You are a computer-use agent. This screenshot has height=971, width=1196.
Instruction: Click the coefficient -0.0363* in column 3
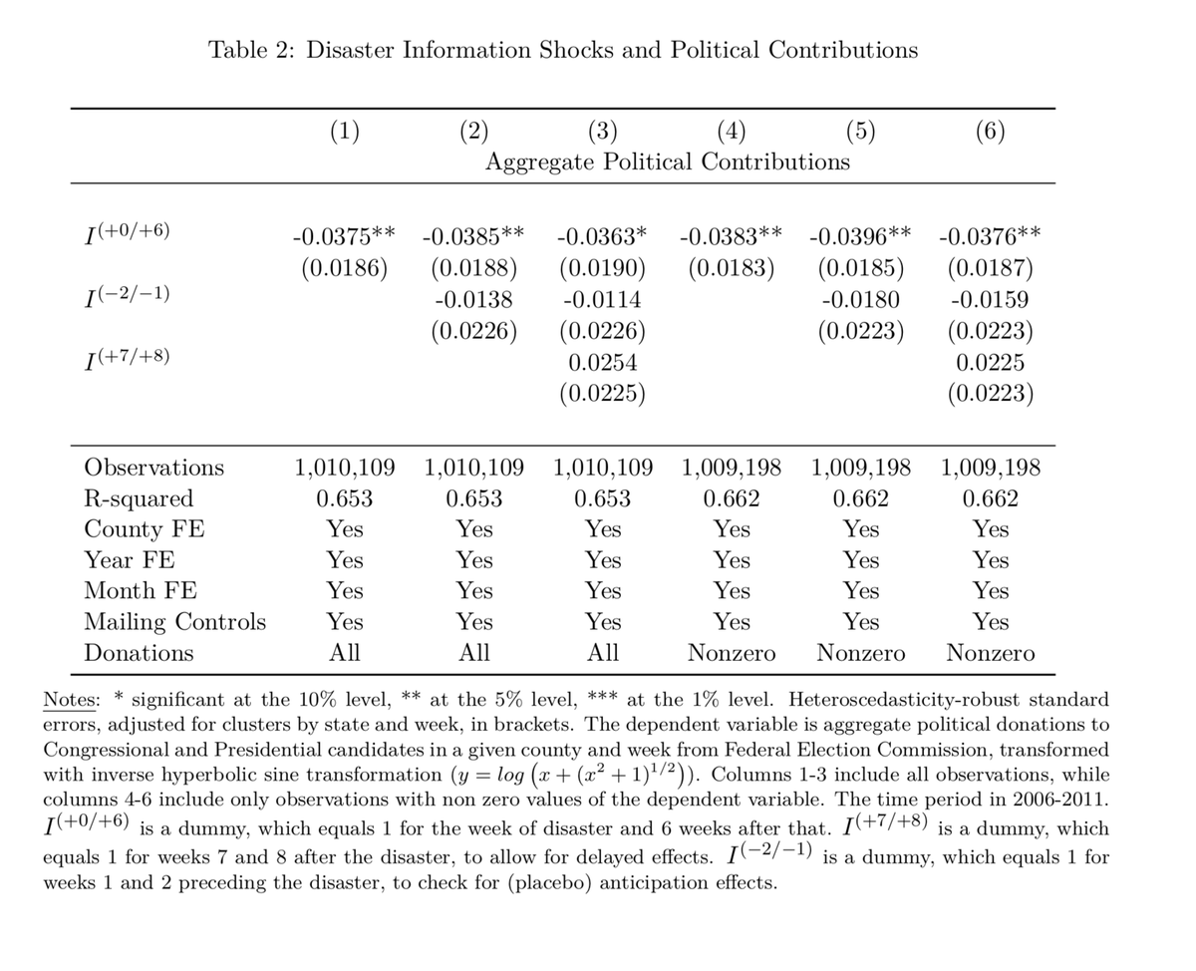[x=602, y=237]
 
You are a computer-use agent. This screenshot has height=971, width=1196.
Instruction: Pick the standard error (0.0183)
[x=732, y=268]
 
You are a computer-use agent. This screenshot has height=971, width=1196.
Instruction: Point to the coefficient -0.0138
[x=473, y=299]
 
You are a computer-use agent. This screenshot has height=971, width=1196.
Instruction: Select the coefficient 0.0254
[x=602, y=363]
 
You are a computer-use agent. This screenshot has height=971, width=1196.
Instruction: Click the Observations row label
[x=154, y=468]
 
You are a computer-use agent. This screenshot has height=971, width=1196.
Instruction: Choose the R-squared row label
[x=139, y=498]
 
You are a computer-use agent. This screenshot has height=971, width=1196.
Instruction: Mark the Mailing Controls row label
[x=175, y=622]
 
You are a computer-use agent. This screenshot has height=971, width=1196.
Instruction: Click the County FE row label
[x=145, y=529]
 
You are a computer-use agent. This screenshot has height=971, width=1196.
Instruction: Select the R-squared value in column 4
[x=732, y=498]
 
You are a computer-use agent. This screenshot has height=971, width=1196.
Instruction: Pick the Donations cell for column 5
[x=860, y=654]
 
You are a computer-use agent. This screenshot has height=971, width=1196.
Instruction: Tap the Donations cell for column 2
[x=473, y=654]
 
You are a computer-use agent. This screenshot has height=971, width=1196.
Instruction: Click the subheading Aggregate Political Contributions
[x=667, y=162]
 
